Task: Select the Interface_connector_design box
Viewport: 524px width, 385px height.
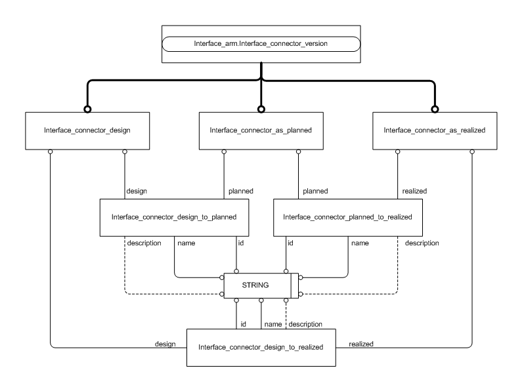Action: pyautogui.click(x=87, y=129)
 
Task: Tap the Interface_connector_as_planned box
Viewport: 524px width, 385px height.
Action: pyautogui.click(x=261, y=129)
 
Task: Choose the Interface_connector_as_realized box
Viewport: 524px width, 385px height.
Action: pyautogui.click(x=435, y=129)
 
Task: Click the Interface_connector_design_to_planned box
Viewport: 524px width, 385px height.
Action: pyautogui.click(x=174, y=216)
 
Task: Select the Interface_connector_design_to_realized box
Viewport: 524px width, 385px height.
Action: pyautogui.click(x=261, y=346)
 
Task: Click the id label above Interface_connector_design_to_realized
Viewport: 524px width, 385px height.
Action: pyautogui.click(x=243, y=324)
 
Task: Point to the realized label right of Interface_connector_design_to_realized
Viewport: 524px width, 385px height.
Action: pyautogui.click(x=361, y=342)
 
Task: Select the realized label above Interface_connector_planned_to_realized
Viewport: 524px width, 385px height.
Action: pyautogui.click(x=414, y=191)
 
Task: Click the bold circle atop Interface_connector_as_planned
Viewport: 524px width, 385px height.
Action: pyautogui.click(x=261, y=109)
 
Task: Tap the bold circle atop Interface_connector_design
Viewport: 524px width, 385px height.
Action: pyautogui.click(x=87, y=109)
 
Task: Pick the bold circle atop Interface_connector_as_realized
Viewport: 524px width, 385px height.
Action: pyautogui.click(x=435, y=109)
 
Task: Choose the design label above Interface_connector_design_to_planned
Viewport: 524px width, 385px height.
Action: pyautogui.click(x=136, y=191)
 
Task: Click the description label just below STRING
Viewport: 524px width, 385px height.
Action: pyautogui.click(x=305, y=324)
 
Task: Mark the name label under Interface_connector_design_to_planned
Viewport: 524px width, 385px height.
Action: pyautogui.click(x=186, y=243)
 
